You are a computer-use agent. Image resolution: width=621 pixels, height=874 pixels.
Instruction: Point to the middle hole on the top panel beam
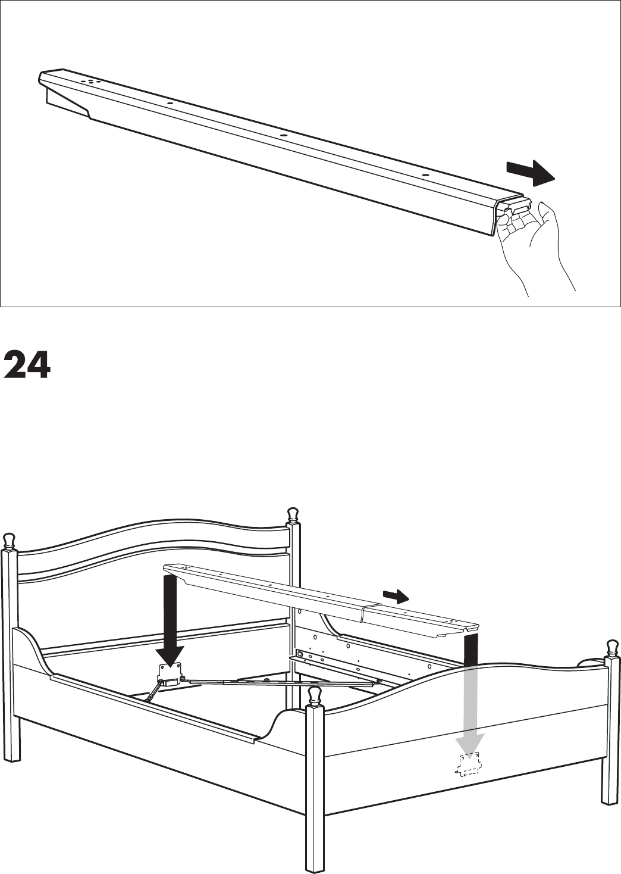tap(284, 135)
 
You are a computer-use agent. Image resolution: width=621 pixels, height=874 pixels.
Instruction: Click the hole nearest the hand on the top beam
tap(425, 175)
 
